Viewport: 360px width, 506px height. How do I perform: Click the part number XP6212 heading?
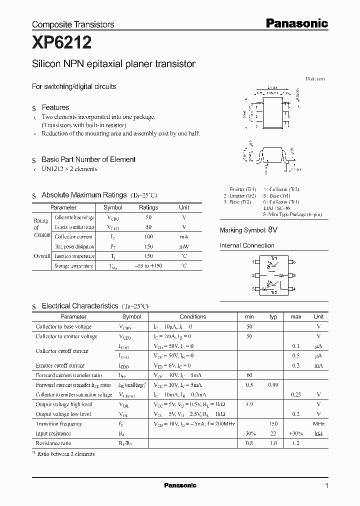pyautogui.click(x=61, y=43)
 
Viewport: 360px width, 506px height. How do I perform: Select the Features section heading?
pyautogui.click(x=55, y=107)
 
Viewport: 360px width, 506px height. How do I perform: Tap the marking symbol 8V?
pyautogui.click(x=272, y=230)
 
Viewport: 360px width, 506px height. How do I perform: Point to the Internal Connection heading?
pyautogui.click(x=247, y=245)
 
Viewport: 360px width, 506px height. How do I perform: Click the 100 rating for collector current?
pyautogui.click(x=148, y=236)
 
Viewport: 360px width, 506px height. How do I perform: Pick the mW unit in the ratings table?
pyautogui.click(x=184, y=246)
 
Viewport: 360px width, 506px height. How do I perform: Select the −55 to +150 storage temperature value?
pyautogui.click(x=148, y=266)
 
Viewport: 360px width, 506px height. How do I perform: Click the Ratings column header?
pyautogui.click(x=148, y=207)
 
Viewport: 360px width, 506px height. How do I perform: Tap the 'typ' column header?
pyautogui.click(x=273, y=316)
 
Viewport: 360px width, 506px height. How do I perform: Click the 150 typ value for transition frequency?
pyautogui.click(x=273, y=424)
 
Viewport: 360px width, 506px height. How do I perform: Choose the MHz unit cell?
pyautogui.click(x=318, y=424)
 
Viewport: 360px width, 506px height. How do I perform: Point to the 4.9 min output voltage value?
pyautogui.click(x=249, y=404)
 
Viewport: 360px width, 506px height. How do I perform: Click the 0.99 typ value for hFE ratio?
pyautogui.click(x=273, y=385)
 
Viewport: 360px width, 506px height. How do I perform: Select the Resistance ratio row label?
pyautogui.click(x=53, y=443)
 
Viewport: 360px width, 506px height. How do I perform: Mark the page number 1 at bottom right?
pyautogui.click(x=326, y=485)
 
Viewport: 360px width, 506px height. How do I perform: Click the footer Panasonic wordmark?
pyautogui.click(x=180, y=485)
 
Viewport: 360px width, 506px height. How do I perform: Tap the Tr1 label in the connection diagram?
pyautogui.click(x=273, y=257)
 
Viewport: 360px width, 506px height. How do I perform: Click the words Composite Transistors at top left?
pyautogui.click(x=73, y=24)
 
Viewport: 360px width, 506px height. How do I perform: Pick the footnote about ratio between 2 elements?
pyautogui.click(x=64, y=453)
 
